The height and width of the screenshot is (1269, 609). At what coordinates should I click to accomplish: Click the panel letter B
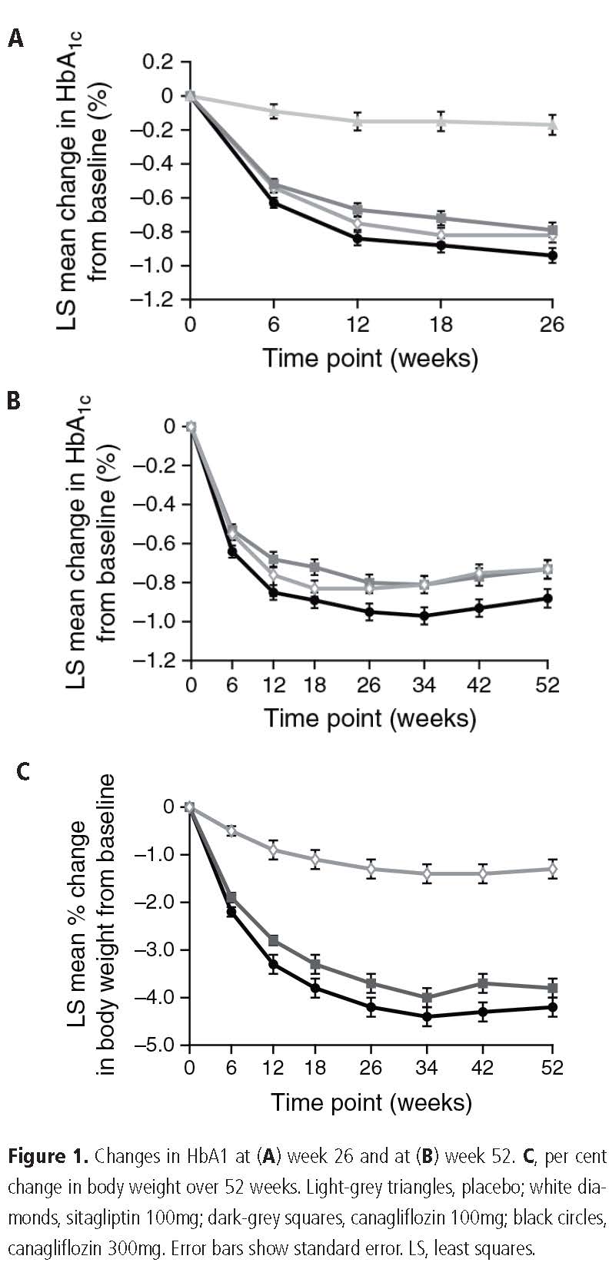[x=14, y=401]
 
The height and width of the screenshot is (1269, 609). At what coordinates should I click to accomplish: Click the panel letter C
[x=23, y=771]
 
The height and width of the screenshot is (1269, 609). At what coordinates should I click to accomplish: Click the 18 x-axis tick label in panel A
[x=441, y=324]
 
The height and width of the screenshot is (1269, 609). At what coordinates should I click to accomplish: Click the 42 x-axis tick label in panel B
[x=479, y=684]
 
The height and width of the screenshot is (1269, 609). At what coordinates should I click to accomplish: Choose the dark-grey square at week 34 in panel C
[x=427, y=998]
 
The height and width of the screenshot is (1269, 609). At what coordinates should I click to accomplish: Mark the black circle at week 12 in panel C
[x=274, y=963]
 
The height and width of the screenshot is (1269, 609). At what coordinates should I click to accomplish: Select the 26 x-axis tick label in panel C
[x=371, y=1068]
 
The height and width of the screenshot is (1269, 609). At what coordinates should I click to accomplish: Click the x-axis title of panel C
[x=371, y=1102]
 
